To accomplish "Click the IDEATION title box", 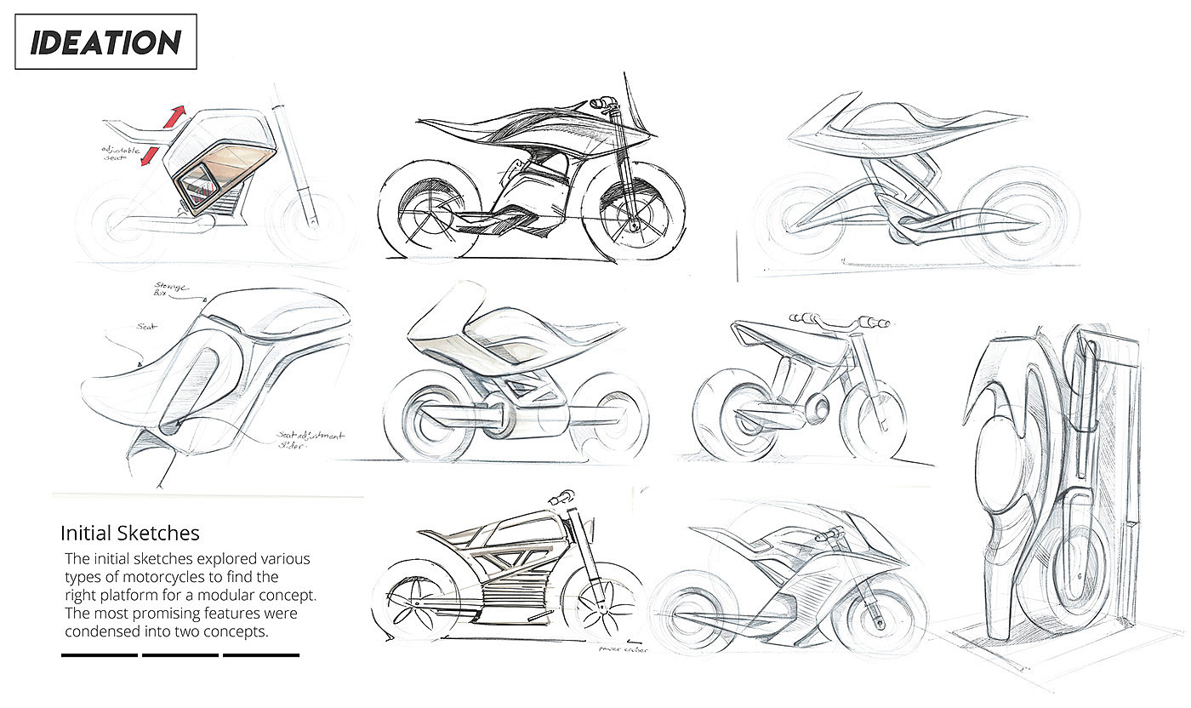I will pos(105,42).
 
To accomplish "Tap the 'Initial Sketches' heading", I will pos(129,534).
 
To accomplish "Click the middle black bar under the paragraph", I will pos(180,655).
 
